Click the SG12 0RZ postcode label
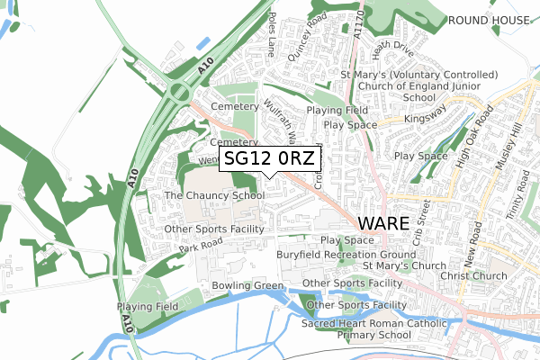point(270,159)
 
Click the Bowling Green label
point(247,286)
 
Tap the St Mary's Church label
point(404,266)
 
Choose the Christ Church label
point(474,275)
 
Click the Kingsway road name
point(425,117)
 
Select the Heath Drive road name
point(391,45)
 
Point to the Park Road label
point(200,246)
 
